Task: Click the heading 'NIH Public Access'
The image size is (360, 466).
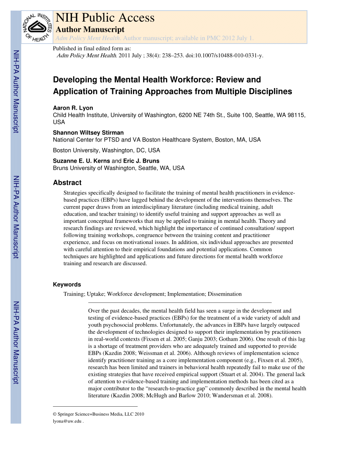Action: (105, 18)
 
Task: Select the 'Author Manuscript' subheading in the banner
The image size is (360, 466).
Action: (90, 29)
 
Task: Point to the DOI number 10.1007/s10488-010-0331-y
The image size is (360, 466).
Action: (224, 55)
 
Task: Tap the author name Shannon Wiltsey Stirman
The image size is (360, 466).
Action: (88, 133)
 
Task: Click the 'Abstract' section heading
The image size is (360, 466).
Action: (67, 183)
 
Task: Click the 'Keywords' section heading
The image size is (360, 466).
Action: (66, 285)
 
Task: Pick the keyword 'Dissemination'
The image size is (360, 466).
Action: (224, 294)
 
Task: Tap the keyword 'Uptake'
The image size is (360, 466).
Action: (95, 294)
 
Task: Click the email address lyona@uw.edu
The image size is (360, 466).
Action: (67, 421)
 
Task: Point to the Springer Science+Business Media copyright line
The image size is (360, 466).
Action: (98, 414)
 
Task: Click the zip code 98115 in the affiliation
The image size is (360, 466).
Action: (297, 115)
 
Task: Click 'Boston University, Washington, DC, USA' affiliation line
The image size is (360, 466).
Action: (106, 150)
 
